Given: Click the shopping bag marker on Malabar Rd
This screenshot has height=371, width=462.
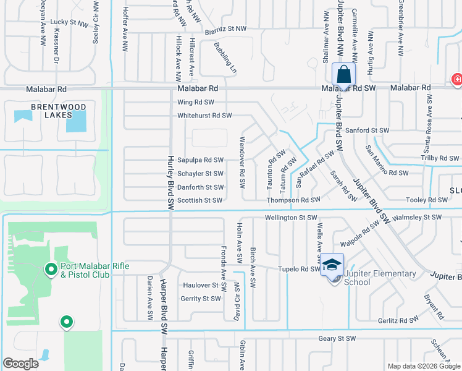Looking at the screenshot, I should (344, 74).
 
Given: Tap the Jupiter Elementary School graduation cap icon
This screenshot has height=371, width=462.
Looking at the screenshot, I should (332, 265).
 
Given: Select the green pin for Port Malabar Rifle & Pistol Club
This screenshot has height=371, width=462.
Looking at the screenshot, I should (51, 269).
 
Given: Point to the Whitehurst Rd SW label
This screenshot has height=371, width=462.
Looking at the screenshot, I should (204, 116).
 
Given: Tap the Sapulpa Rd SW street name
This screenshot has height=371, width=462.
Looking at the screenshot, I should (200, 160).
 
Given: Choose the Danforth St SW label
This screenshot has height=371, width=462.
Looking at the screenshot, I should (200, 187).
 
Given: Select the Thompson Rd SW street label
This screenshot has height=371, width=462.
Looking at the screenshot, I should (293, 200).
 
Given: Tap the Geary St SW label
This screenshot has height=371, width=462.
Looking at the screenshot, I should (337, 338).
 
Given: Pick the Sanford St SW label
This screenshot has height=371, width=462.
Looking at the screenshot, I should (367, 130).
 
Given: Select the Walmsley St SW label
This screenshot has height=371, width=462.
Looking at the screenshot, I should (418, 218).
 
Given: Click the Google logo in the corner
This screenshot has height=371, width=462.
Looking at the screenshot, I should (21, 364).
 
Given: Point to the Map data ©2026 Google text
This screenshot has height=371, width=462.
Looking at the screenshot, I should (423, 366).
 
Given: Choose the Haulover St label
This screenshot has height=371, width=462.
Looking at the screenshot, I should (201, 285).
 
